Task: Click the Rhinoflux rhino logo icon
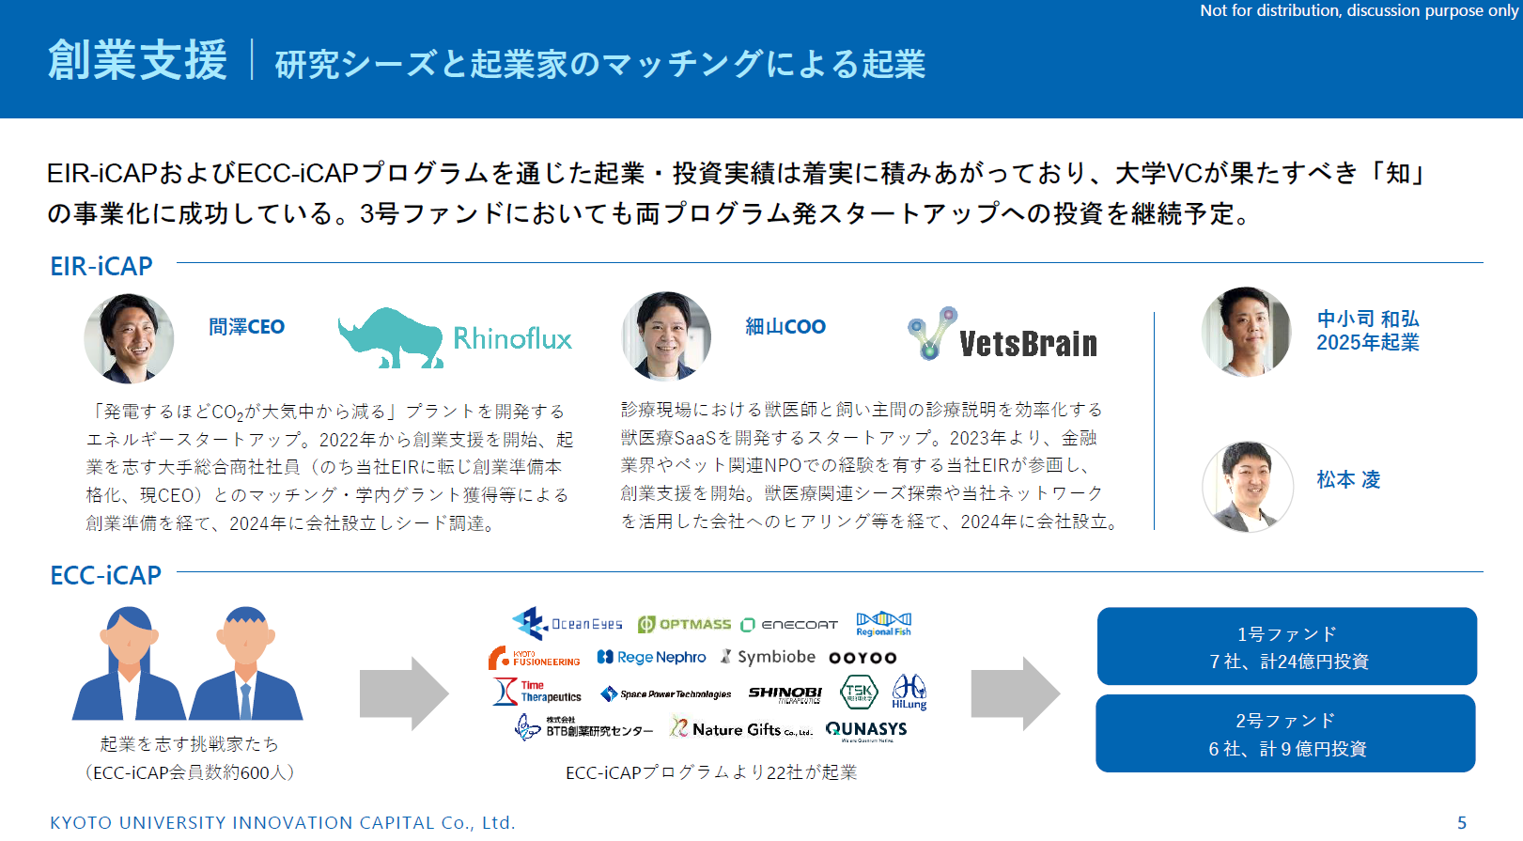(390, 337)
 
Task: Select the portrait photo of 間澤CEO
(129, 338)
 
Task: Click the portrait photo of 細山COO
(666, 335)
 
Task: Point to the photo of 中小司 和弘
(1247, 332)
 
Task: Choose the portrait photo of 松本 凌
(1248, 486)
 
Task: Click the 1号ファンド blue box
(1287, 646)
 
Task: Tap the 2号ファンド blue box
(1285, 734)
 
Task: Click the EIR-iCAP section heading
(101, 267)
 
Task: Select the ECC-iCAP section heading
(105, 575)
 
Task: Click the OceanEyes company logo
(567, 623)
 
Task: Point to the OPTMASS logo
(684, 624)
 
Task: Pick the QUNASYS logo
(866, 729)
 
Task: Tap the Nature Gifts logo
(741, 728)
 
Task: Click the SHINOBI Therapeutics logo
(785, 693)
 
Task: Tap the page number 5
(1461, 822)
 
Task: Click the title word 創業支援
(138, 60)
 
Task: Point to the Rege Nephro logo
(651, 657)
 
